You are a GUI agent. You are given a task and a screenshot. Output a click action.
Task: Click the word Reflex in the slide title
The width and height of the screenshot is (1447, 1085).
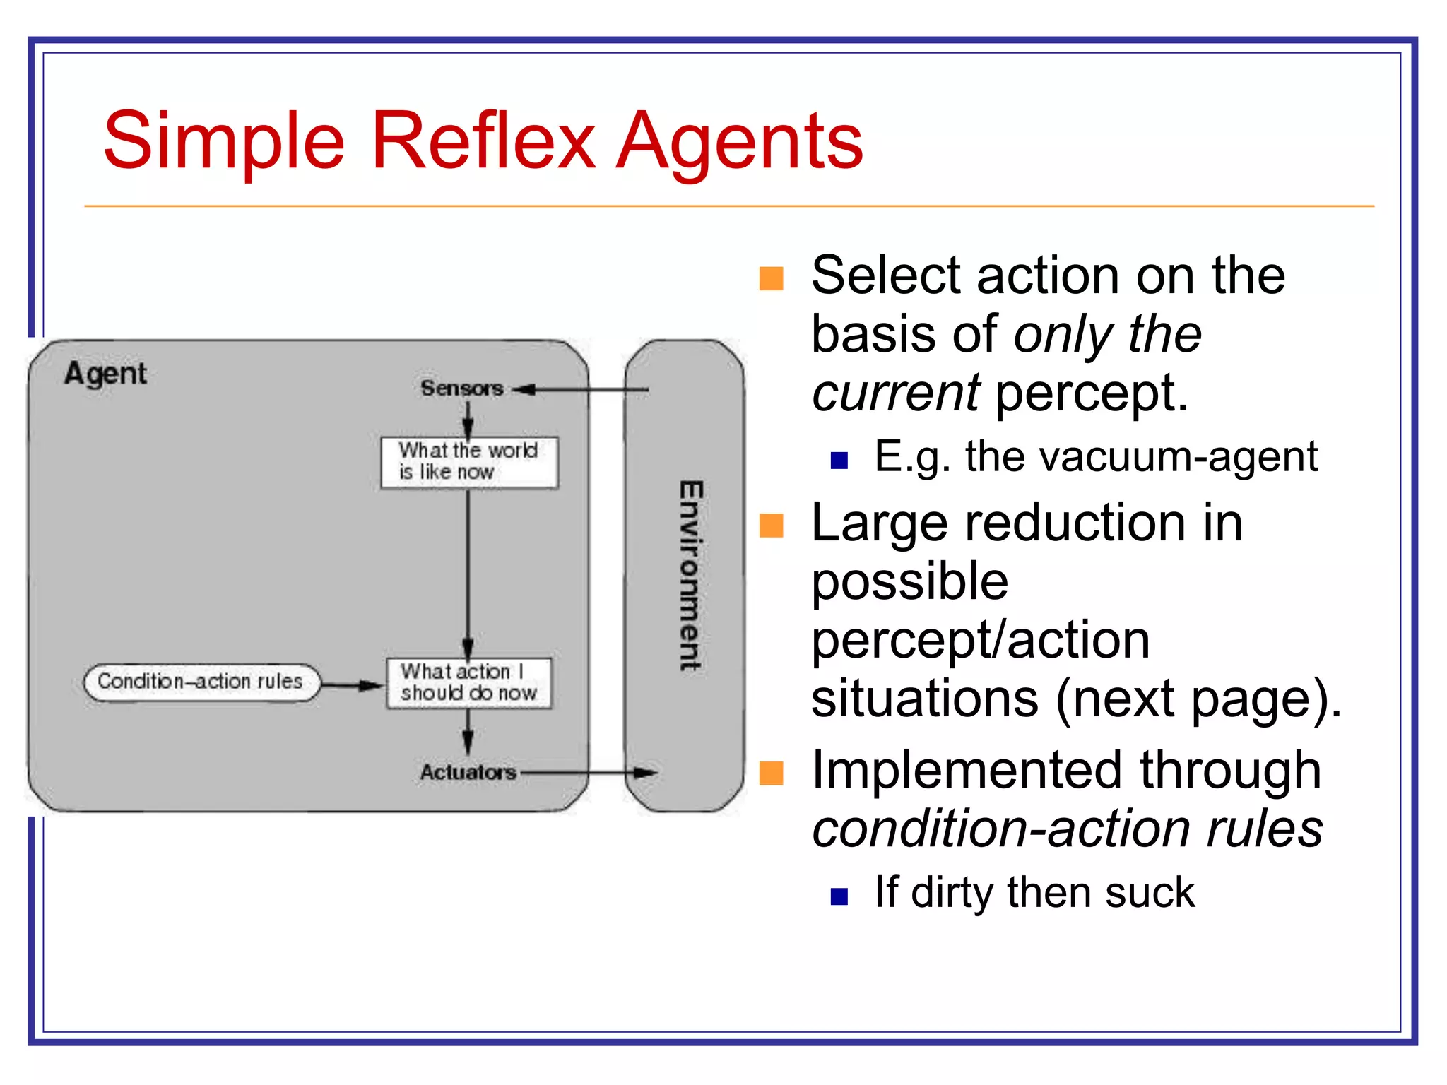click(483, 141)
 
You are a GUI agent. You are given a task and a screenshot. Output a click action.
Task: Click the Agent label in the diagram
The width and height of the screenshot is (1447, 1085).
click(105, 373)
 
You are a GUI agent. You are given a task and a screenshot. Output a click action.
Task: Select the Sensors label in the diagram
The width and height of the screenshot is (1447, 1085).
click(461, 388)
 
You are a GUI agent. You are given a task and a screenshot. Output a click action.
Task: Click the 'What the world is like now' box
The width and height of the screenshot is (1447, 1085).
click(469, 462)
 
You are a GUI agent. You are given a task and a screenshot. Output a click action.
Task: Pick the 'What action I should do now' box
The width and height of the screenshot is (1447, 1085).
click(468, 682)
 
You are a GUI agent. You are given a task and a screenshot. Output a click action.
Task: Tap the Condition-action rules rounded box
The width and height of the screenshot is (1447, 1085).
click(201, 682)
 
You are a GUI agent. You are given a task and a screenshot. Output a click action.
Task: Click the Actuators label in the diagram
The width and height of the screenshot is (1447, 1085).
click(468, 772)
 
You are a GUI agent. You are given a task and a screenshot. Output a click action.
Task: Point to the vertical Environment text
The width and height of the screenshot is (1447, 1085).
click(690, 576)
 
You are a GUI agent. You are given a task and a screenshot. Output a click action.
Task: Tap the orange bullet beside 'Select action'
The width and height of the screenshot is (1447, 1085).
click(771, 278)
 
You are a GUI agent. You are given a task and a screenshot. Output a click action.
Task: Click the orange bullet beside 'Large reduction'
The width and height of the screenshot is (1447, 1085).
click(771, 526)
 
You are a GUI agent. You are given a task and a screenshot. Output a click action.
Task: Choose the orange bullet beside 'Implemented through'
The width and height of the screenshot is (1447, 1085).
click(771, 773)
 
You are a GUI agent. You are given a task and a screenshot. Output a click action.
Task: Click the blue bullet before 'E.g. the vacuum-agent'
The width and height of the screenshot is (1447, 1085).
click(839, 461)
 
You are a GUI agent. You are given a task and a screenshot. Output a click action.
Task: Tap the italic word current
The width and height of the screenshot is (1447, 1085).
click(894, 393)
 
